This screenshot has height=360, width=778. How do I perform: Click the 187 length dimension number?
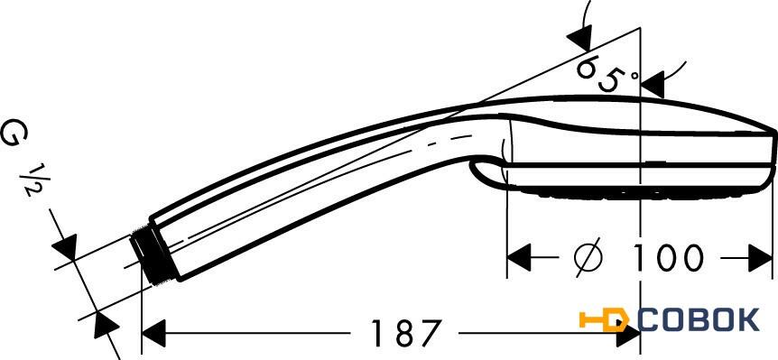tap(406, 332)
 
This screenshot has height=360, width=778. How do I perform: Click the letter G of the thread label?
tap(14, 134)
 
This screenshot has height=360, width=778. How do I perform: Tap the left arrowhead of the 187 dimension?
tap(153, 333)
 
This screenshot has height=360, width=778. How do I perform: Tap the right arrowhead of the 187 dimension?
tap(628, 333)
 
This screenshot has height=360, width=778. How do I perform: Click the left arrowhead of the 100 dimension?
tap(518, 257)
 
